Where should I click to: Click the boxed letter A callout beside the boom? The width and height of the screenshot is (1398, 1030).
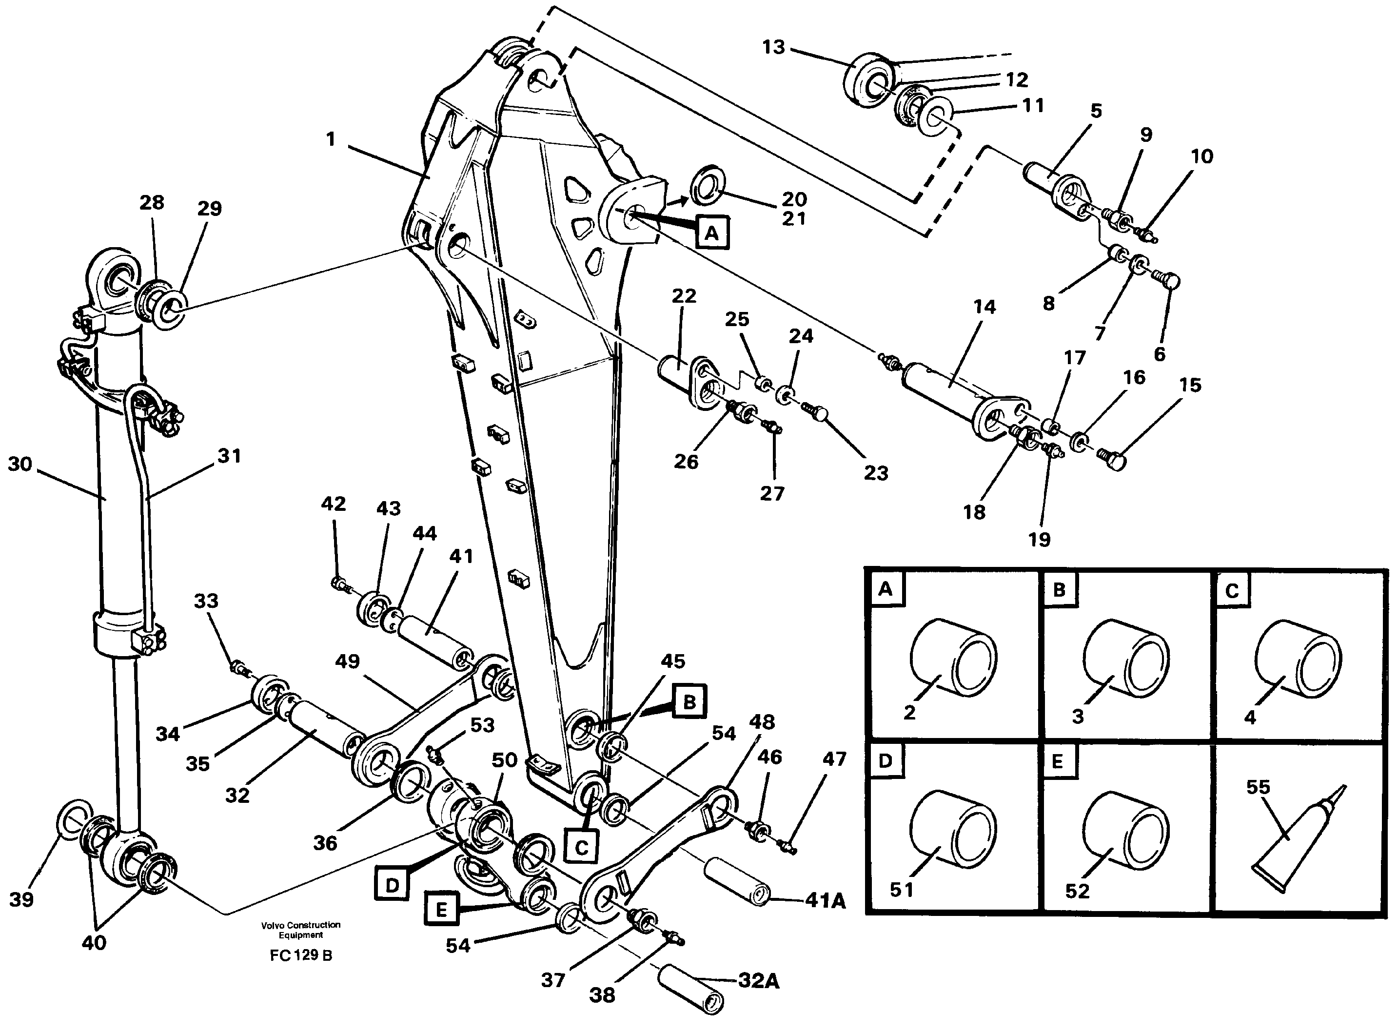coord(712,233)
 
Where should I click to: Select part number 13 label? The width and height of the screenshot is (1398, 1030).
coord(773,47)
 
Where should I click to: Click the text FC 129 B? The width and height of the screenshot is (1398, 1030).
coord(300,956)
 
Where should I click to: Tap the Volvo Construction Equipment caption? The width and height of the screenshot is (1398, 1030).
coord(300,930)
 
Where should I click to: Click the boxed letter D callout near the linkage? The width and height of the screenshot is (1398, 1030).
coord(392,885)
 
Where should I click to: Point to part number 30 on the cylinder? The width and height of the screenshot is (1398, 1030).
coord(20,465)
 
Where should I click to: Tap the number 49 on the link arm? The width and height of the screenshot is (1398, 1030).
coord(347,661)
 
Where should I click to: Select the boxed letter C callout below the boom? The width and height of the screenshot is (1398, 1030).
coord(581,848)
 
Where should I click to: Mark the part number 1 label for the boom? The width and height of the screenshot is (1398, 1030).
coord(331,139)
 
